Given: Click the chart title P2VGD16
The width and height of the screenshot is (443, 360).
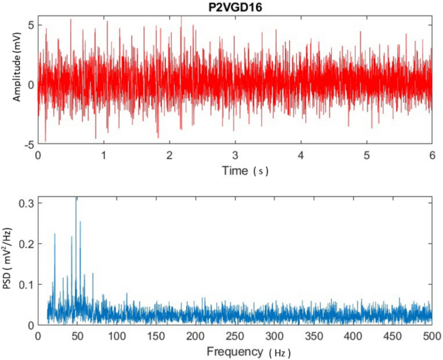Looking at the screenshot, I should click(x=235, y=6).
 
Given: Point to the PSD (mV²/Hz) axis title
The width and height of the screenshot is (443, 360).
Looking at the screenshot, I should click(x=9, y=262).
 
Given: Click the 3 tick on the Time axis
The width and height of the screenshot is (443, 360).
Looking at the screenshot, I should click(x=235, y=156).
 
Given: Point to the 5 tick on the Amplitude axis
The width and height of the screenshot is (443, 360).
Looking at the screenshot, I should click(x=30, y=25).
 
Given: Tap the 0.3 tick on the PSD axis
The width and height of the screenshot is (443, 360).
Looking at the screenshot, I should click(x=26, y=203).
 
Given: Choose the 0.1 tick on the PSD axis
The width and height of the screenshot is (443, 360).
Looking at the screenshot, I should click(x=26, y=284).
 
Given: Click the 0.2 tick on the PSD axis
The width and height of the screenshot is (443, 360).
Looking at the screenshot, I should click(x=26, y=244).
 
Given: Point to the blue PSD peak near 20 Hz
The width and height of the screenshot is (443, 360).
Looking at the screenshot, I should click(x=55, y=234).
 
